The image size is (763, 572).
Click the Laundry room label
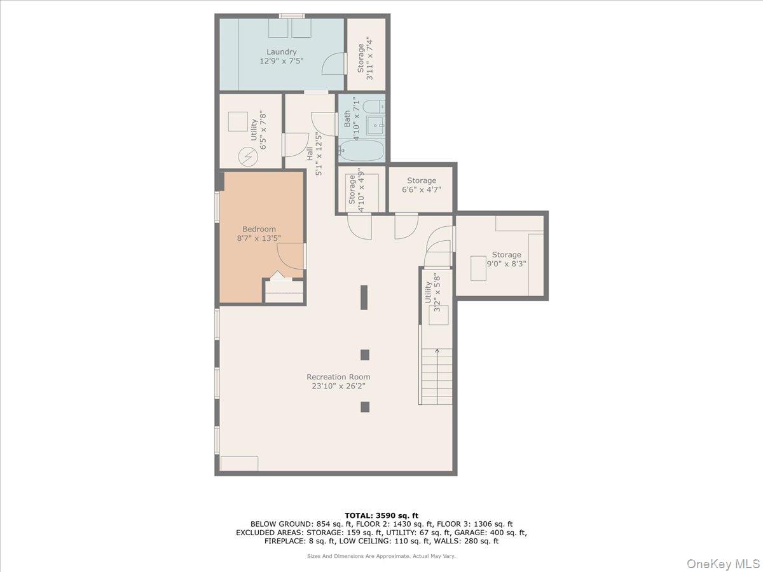[x=281, y=51]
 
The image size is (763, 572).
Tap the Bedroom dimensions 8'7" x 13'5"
[x=259, y=238]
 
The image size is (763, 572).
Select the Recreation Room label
[x=338, y=376]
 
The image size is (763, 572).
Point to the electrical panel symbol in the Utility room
[x=247, y=156]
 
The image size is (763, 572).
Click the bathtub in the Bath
[x=362, y=151]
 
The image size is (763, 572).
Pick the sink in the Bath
[x=376, y=126]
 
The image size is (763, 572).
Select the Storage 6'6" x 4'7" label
[x=422, y=180]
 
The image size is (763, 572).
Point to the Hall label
[x=310, y=153]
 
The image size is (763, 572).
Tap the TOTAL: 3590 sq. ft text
[x=381, y=515]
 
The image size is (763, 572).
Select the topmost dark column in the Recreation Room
[x=364, y=297]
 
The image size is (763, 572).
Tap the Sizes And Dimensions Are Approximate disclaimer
[x=381, y=556]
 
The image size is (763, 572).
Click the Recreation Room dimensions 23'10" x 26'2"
[x=338, y=386]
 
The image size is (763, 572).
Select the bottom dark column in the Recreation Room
[x=364, y=407]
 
